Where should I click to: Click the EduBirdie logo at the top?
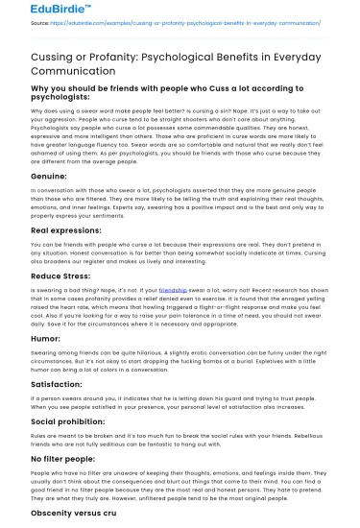point(36,12)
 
